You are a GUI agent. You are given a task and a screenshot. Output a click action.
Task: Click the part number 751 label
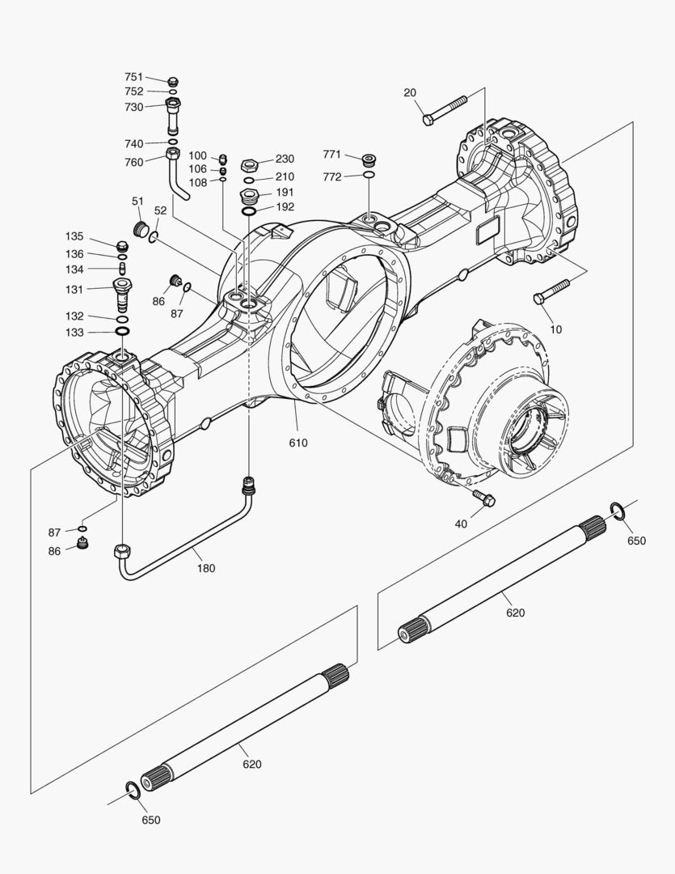[133, 77]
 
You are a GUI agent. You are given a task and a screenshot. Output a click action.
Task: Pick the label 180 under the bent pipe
[206, 568]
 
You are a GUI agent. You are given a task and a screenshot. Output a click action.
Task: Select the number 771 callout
[332, 154]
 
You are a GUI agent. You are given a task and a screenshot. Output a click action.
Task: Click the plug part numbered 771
[368, 157]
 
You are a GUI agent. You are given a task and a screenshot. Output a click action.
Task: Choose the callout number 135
[74, 236]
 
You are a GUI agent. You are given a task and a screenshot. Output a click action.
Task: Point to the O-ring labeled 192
[250, 210]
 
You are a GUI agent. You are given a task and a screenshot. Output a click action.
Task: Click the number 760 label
[133, 162]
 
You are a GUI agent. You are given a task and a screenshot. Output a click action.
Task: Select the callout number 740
[133, 143]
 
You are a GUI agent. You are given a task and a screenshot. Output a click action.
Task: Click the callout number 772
[332, 176]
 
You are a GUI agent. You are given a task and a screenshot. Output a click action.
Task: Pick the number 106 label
[198, 168]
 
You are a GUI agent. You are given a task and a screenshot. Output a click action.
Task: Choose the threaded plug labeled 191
[250, 196]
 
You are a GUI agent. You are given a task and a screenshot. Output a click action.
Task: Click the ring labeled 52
[153, 235]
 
